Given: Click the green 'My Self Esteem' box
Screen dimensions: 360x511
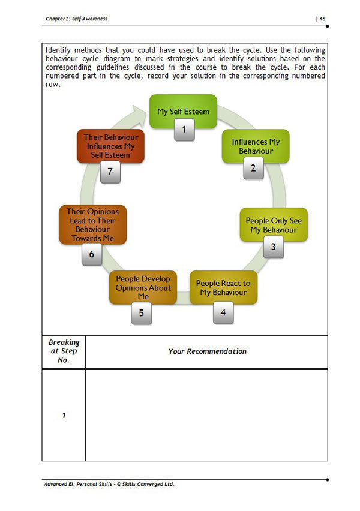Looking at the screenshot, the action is [183, 111].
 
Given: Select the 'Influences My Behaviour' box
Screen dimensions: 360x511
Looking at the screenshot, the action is [256, 146].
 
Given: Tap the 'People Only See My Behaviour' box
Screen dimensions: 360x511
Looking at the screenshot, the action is [274, 224].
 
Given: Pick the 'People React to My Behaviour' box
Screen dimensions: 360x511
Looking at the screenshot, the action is [223, 287].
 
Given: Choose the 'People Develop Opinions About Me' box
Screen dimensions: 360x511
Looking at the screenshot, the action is [143, 287].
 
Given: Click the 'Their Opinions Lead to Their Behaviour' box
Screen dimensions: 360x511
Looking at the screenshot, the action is [92, 224].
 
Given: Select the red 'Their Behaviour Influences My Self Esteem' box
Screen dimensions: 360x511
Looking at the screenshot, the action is [110, 146].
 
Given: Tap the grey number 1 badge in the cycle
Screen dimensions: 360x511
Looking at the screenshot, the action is [184, 130].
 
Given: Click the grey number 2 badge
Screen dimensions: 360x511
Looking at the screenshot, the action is [253, 168].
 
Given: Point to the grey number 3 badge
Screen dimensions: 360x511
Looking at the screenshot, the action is [273, 247].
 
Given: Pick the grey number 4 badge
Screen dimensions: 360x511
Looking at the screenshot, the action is [223, 312].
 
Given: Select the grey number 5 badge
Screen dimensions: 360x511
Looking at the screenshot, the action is [141, 313].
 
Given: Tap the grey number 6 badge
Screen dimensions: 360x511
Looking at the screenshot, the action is [92, 254].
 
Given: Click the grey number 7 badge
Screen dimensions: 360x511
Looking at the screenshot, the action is [110, 172].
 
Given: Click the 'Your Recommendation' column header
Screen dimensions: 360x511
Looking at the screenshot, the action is [208, 351].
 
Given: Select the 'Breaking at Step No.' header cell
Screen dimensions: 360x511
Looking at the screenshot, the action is [64, 351].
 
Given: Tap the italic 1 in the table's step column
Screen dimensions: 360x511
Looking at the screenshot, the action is [64, 416].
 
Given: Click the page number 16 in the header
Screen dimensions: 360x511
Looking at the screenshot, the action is [322, 19].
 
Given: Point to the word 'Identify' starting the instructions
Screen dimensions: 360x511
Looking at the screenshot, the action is [58, 50].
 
